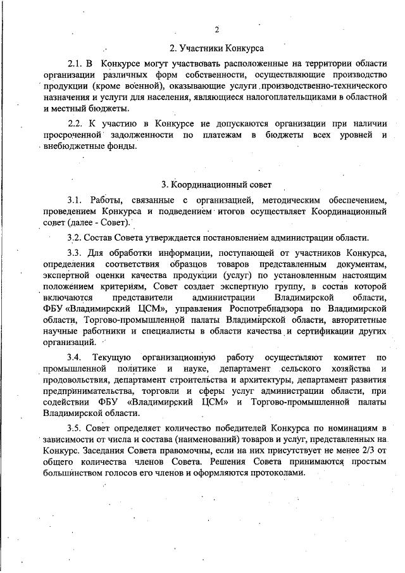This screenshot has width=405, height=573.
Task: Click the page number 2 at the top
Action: [216, 30]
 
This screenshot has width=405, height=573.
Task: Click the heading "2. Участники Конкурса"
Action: [216, 47]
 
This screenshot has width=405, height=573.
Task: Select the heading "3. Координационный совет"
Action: [216, 185]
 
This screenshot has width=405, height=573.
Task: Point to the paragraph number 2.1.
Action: [76, 64]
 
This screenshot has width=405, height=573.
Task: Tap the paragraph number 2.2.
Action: [76, 123]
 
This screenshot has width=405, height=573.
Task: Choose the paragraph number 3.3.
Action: [75, 254]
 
